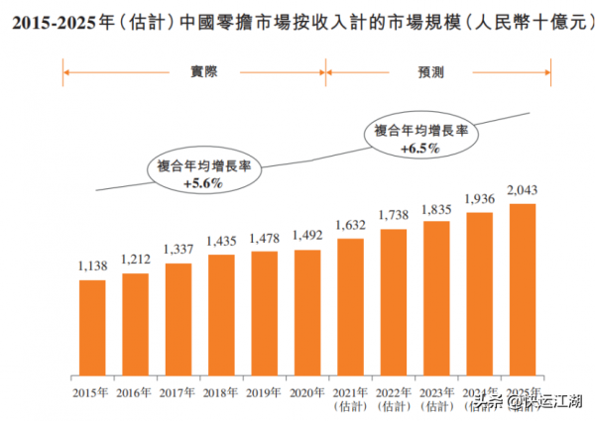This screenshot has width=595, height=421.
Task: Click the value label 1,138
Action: pos(92,267)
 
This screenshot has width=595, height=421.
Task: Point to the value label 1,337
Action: pos(178,251)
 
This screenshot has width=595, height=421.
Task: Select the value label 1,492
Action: pos(307,237)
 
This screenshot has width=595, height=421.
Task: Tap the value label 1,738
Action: pos(394,216)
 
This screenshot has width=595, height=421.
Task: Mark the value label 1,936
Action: pos(479,199)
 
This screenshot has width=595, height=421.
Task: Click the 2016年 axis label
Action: pos(136,390)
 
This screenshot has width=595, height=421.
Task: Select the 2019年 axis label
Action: pos(265,390)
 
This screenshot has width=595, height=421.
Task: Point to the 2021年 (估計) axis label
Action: pos(350,396)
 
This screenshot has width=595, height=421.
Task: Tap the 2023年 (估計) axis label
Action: pos(436,396)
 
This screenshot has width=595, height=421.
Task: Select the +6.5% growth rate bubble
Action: pos(419,139)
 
